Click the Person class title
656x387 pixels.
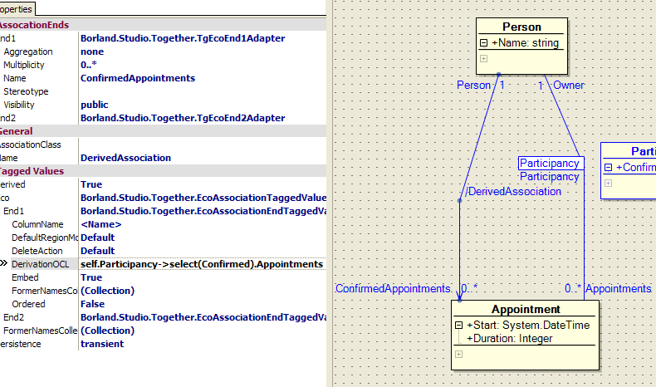521,27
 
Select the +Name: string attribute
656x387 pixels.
525,43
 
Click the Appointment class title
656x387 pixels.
525,310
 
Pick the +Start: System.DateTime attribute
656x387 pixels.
528,326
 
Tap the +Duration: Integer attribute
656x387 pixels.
509,338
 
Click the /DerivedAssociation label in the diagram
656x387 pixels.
513,192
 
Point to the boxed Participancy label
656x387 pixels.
550,164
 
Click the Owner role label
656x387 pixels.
569,85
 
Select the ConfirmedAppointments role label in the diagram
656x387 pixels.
393,289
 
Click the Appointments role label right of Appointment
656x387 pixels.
618,289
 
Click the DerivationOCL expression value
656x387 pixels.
201,264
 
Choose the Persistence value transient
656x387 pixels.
102,344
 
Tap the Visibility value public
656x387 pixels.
95,105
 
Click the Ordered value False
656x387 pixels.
92,304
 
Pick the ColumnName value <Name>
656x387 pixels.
100,224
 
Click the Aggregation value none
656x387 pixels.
92,51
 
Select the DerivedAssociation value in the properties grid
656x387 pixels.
125,158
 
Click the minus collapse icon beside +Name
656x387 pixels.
483,43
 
